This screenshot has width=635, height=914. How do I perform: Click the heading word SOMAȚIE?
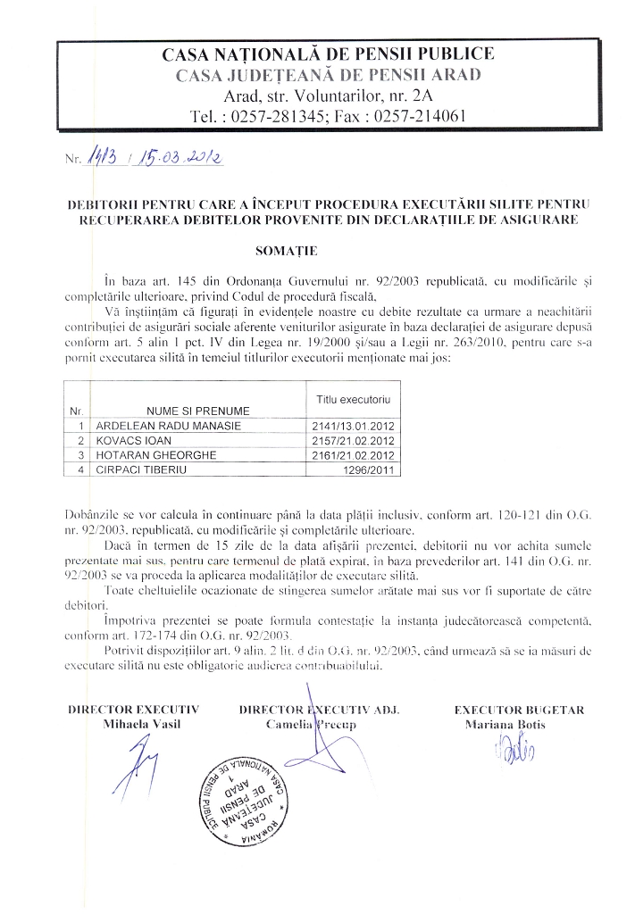pos(317,253)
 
